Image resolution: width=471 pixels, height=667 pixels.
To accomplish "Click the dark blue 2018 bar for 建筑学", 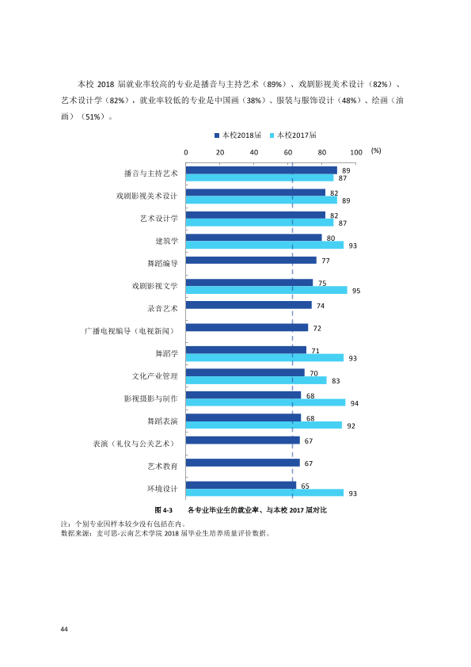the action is point(254,238).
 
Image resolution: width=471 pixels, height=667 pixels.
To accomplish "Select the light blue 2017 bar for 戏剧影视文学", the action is point(267,290).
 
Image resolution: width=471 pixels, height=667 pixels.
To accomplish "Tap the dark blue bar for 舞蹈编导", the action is point(251,260).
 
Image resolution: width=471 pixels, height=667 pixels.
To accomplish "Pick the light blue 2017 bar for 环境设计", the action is point(265,493).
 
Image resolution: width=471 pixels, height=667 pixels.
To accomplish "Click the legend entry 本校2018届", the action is point(237,135).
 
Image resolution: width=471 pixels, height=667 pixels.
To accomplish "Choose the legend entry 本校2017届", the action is point(293,135).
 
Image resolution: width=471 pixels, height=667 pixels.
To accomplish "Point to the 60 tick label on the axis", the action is point(288,152).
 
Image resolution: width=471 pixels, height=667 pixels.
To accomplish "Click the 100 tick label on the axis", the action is point(356,152).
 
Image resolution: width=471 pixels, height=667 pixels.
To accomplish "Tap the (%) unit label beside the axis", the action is point(376,151).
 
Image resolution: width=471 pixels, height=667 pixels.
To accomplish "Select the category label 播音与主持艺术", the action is point(151,173).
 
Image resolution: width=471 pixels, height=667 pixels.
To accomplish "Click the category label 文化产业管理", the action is point(154,376).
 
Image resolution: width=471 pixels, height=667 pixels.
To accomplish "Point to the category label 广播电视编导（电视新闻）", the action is point(130,331).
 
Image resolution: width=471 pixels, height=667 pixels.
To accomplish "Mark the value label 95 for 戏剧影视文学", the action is point(356,291).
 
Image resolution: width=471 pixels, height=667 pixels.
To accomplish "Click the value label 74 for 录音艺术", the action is point(321,306).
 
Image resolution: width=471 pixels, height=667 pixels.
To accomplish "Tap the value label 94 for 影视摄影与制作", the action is point(355,403).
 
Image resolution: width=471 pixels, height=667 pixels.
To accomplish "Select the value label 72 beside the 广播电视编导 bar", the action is point(317,329).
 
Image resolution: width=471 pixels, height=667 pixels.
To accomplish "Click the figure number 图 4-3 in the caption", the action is point(164,510).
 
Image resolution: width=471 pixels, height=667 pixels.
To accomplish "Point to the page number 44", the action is point(64,629).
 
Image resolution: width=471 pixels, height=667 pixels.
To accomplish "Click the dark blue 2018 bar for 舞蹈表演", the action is point(244,417).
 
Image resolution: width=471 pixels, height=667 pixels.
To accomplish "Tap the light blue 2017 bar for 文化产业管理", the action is point(256,380).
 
